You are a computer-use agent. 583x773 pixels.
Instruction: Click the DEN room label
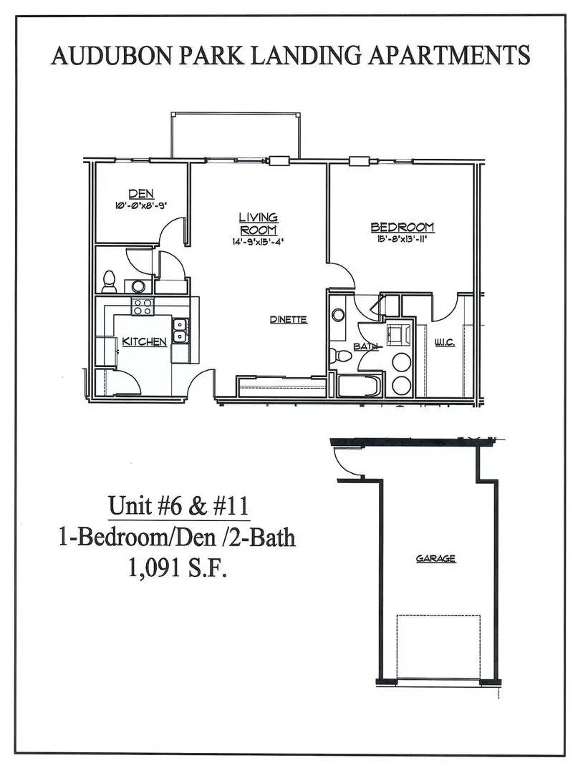(x=141, y=194)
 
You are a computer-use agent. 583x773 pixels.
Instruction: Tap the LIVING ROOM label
(x=259, y=224)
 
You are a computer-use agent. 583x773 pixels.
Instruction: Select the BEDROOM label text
(x=403, y=228)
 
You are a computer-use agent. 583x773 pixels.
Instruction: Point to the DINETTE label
(x=289, y=319)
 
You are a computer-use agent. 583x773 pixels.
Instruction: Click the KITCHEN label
(x=144, y=341)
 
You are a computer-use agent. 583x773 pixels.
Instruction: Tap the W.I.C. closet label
(x=444, y=342)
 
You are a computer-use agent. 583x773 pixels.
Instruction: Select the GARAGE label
(x=435, y=558)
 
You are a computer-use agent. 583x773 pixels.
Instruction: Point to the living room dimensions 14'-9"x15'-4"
(x=259, y=242)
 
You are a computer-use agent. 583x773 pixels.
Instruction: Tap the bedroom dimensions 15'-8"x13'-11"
(x=403, y=240)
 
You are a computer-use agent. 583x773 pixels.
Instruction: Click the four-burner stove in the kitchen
(x=143, y=306)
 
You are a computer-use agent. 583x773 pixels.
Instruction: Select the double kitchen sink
(x=180, y=331)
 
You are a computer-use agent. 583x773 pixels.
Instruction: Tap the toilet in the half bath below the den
(x=109, y=281)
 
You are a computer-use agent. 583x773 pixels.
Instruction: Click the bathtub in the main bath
(x=360, y=386)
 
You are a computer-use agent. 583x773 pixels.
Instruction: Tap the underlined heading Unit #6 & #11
(x=178, y=506)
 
